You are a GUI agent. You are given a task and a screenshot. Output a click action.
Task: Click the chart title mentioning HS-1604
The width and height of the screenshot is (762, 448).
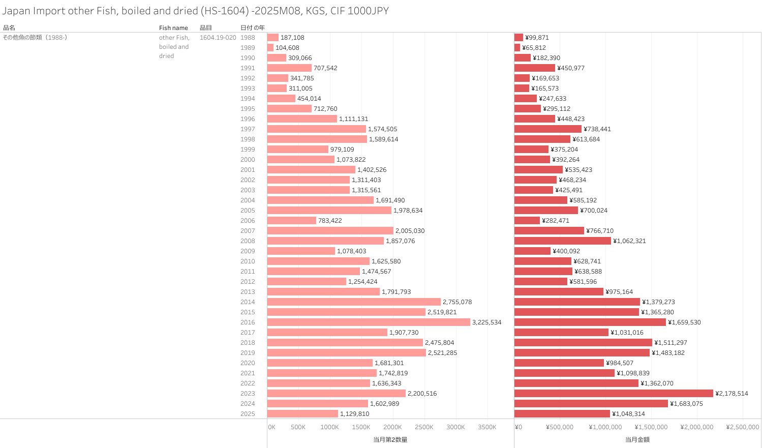pyautogui.click(x=196, y=11)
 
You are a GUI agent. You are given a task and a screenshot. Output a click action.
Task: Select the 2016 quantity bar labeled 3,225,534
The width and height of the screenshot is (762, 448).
pyautogui.click(x=369, y=322)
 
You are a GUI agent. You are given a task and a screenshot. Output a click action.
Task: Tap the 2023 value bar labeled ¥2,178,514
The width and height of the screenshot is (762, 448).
pyautogui.click(x=614, y=394)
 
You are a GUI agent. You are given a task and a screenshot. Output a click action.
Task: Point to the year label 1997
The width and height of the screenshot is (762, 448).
pyautogui.click(x=248, y=129)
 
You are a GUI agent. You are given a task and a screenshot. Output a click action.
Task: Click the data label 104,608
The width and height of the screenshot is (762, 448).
pyautogui.click(x=287, y=48)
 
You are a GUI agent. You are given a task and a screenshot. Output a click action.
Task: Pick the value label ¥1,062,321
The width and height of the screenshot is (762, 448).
pyautogui.click(x=629, y=241)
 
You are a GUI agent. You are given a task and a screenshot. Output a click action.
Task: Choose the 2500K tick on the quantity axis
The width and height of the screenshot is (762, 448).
pyautogui.click(x=424, y=427)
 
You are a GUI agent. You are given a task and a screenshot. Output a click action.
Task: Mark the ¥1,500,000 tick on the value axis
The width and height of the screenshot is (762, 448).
pyautogui.click(x=651, y=427)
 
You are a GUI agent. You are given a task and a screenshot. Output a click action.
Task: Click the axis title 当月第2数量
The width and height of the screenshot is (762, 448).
pyautogui.click(x=390, y=439)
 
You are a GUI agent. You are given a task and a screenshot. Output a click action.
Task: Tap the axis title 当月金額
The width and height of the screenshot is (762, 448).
pyautogui.click(x=637, y=439)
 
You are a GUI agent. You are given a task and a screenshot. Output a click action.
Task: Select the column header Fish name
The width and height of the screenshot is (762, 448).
pyautogui.click(x=173, y=28)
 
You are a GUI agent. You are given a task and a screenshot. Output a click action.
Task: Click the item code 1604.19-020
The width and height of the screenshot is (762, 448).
pyautogui.click(x=218, y=38)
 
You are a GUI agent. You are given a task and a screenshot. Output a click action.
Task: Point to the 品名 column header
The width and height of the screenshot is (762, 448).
pyautogui.click(x=9, y=28)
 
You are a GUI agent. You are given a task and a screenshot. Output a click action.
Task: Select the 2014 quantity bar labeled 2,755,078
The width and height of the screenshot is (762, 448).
pyautogui.click(x=354, y=302)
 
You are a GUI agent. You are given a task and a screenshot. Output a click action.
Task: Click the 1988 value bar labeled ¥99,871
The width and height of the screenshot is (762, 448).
pyautogui.click(x=519, y=38)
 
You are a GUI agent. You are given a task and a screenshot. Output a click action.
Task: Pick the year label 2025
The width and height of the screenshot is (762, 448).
pyautogui.click(x=248, y=414)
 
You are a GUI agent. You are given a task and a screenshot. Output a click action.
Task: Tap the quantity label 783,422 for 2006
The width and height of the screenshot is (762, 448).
pyautogui.click(x=330, y=221)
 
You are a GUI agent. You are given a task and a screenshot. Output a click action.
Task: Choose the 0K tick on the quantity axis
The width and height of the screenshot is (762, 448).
pyautogui.click(x=271, y=427)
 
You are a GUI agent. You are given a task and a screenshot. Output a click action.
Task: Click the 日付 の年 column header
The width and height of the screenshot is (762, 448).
pyautogui.click(x=252, y=28)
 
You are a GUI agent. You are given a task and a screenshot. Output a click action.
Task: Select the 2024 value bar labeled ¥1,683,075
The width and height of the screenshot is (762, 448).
pyautogui.click(x=591, y=404)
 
